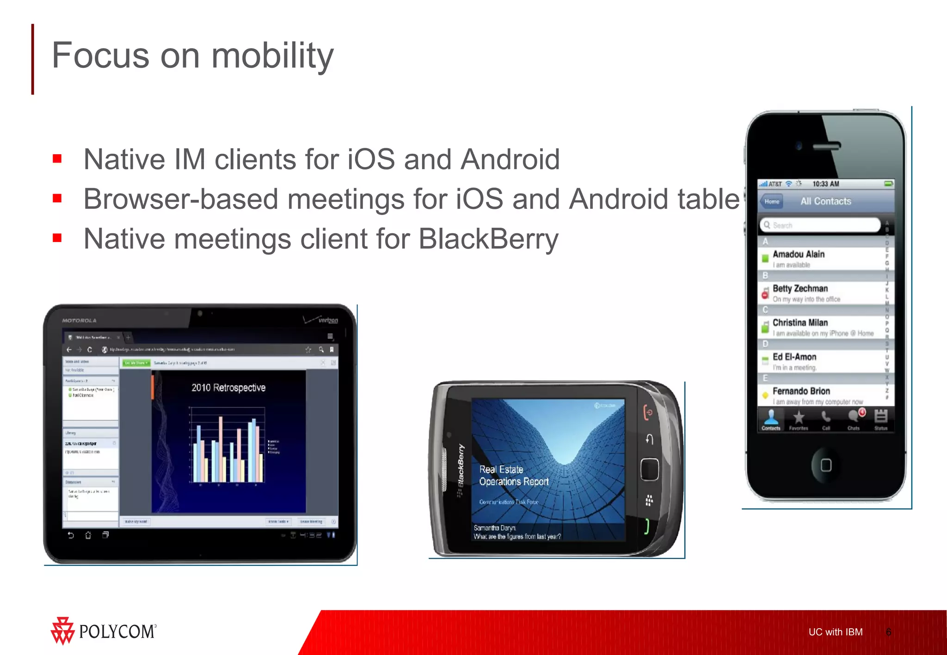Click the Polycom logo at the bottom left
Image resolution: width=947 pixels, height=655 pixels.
(104, 631)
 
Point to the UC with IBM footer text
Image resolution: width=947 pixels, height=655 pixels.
(835, 632)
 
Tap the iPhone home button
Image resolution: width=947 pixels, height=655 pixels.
(826, 465)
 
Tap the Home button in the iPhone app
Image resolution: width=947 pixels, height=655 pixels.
(771, 201)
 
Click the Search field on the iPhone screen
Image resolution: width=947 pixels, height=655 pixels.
(819, 225)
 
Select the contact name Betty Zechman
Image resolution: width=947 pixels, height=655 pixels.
(800, 288)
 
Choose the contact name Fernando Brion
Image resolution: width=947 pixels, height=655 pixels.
(801, 391)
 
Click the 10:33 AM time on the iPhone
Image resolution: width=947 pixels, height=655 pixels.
(826, 184)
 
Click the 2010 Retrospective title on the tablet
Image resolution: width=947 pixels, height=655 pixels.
(228, 388)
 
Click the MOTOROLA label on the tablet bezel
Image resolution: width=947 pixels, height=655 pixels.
(79, 320)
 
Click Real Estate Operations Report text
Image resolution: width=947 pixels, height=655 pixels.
(513, 475)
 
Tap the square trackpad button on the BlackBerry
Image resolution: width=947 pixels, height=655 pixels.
(649, 469)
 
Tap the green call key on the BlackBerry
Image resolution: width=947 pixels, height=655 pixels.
(647, 526)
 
